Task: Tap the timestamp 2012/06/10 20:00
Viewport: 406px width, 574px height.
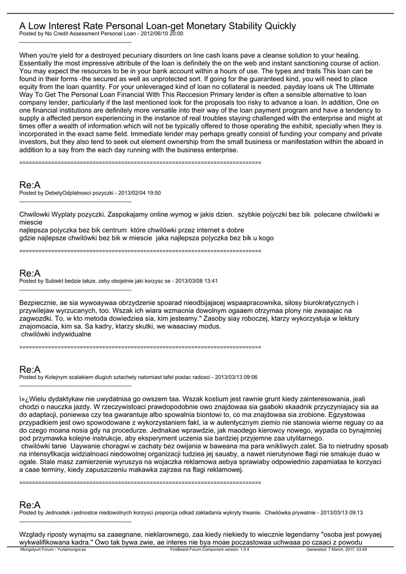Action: [162, 34]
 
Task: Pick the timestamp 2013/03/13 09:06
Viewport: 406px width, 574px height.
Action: [236, 377]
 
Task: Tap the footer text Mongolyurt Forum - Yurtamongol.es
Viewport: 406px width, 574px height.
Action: [53, 550]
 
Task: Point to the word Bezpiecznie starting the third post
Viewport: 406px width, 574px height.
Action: [40, 303]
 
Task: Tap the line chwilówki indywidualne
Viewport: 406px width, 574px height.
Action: [56, 335]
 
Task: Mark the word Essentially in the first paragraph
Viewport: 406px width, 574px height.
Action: [40, 64]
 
